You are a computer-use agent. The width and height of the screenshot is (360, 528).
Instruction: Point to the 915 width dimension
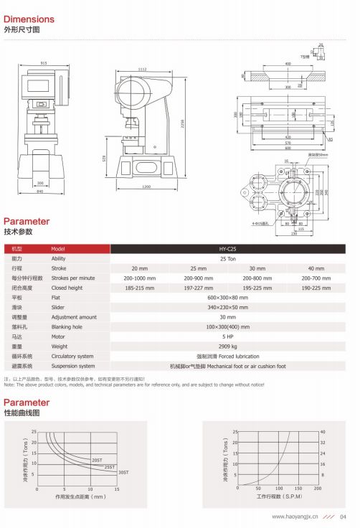(x=44, y=64)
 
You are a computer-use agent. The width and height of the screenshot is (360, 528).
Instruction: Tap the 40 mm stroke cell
(x=316, y=268)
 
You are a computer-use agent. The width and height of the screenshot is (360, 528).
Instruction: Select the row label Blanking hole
(x=66, y=326)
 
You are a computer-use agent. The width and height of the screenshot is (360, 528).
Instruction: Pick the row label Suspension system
(x=72, y=366)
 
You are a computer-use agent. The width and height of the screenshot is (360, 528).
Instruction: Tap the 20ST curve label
(x=96, y=459)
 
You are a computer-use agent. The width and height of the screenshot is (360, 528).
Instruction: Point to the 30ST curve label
(x=123, y=472)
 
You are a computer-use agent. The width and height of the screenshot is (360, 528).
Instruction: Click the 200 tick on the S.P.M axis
(x=318, y=489)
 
